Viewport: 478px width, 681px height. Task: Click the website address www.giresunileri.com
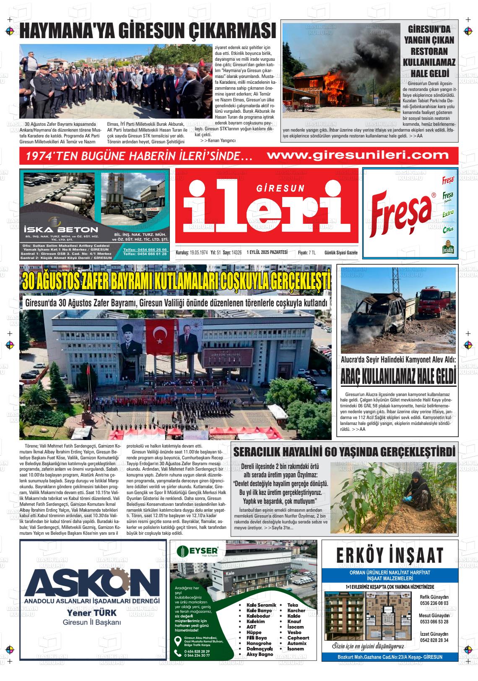point(358,155)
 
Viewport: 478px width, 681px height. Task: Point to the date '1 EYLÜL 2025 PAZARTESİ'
point(267,252)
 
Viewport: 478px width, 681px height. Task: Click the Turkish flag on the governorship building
point(160,334)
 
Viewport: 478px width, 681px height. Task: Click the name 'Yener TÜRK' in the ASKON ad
point(92,613)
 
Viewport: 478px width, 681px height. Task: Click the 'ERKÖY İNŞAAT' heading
point(390,556)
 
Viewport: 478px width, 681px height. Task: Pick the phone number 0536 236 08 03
point(434,603)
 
